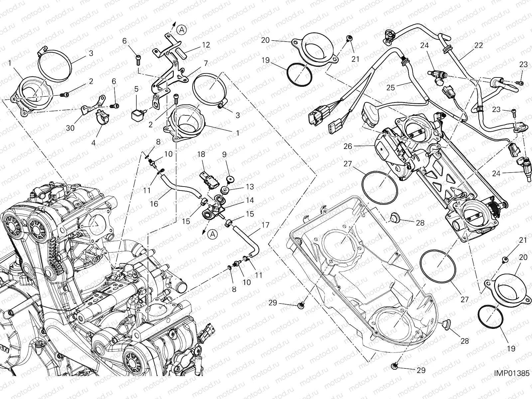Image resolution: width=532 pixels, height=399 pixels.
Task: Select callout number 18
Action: [x=201, y=154]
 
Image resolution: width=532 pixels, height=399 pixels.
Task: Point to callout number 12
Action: [x=206, y=45]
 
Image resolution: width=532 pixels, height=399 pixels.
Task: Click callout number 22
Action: [x=478, y=46]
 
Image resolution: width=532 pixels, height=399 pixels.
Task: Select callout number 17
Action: [x=265, y=225]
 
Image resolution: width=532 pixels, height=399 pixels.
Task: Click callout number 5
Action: [x=136, y=89]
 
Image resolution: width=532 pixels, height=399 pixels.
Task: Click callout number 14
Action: [x=250, y=200]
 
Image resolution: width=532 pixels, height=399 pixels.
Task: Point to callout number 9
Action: [x=224, y=154]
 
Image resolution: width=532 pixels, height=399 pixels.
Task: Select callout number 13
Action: [x=250, y=187]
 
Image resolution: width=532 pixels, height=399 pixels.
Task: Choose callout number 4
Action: [x=93, y=143]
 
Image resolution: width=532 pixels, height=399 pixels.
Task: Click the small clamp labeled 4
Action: [x=100, y=118]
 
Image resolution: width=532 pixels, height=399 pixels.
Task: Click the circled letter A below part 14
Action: [x=213, y=234]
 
